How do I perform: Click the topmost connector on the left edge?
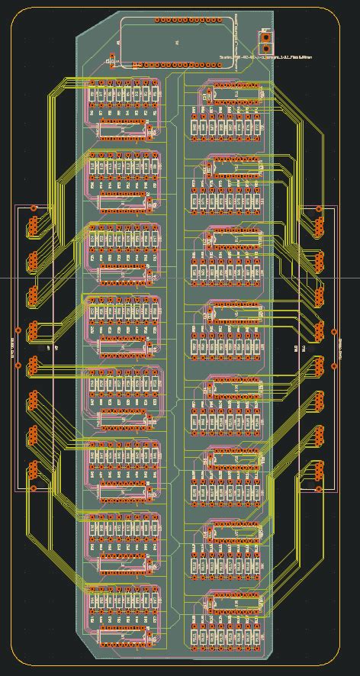[34, 226]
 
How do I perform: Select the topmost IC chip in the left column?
[122, 130]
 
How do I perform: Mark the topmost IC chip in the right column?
[232, 94]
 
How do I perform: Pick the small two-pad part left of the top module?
[113, 60]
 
